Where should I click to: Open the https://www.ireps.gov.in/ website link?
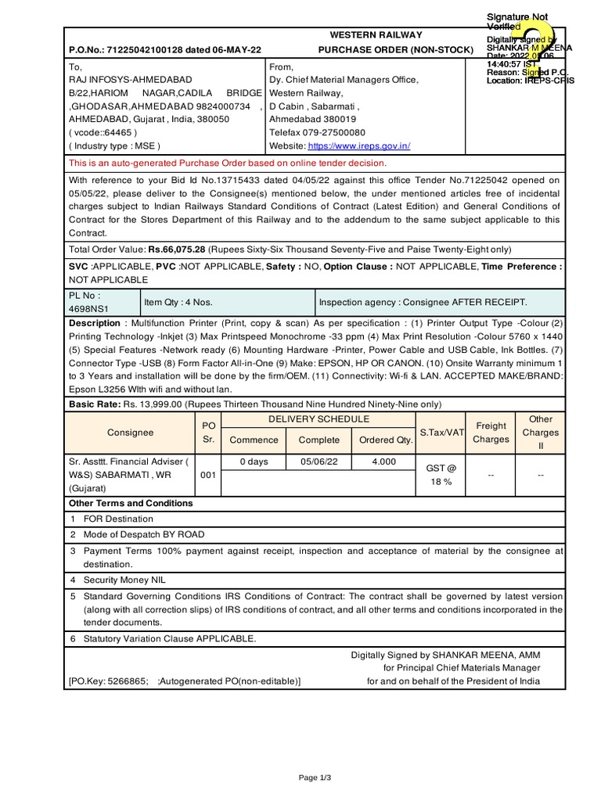pos(359,145)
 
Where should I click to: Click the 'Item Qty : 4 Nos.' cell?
pos(178,302)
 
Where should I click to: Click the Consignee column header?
pos(131,433)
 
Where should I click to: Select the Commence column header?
pos(254,440)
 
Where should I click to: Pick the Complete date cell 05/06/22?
pos(319,462)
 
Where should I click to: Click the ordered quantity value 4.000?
pos(383,462)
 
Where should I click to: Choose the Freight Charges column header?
pos(491,433)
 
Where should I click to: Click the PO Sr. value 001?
pos(208,475)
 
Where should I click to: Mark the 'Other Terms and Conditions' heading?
pos(131,503)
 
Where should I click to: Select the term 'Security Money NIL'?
pos(125,580)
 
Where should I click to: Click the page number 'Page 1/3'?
pos(315,778)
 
